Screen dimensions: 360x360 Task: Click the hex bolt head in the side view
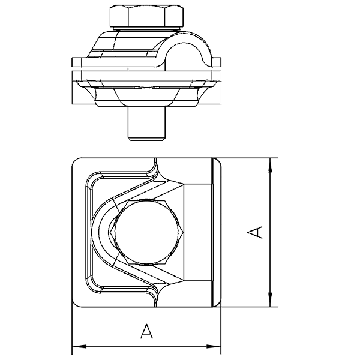coord(147,16)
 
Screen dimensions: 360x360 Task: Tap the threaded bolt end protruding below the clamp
coord(147,123)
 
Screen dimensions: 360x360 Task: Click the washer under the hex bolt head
coord(147,29)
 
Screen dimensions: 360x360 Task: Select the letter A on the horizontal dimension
coord(146,331)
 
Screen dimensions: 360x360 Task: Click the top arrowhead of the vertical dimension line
coord(270,165)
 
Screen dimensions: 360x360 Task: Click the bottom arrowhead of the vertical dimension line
coord(270,299)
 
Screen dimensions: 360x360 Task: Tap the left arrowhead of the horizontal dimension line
coord(79,346)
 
